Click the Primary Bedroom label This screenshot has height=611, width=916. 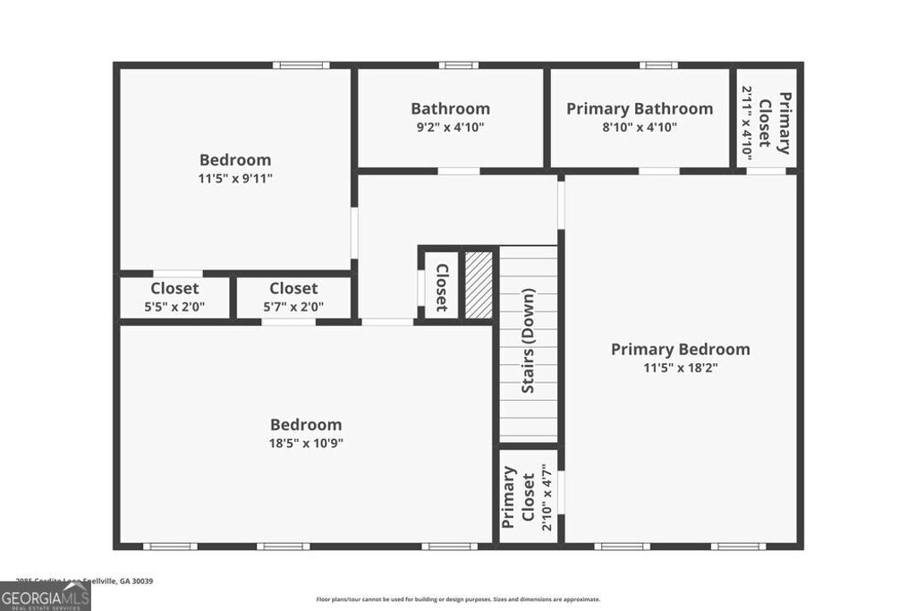[680, 349]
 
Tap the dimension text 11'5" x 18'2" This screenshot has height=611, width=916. [680, 367]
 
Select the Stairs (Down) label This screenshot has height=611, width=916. [528, 341]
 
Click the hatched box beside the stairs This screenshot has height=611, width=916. [479, 284]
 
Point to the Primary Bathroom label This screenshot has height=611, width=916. [640, 108]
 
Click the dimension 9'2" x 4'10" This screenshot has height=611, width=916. [450, 127]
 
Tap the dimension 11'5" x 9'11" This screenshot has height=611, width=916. [235, 178]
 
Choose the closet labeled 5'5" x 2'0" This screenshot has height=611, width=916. [175, 297]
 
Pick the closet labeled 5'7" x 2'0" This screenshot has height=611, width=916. [293, 297]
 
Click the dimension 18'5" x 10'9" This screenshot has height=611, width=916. [306, 443]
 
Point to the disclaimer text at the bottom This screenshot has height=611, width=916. [457, 599]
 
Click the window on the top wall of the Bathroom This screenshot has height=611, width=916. [458, 64]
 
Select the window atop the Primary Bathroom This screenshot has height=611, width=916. [657, 64]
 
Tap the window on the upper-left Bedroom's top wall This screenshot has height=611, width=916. [301, 64]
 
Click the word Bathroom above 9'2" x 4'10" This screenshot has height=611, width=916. [450, 108]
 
